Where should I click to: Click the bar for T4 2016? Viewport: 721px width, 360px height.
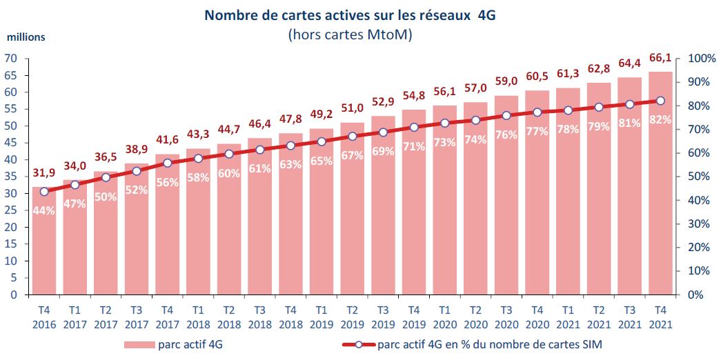point(44,241)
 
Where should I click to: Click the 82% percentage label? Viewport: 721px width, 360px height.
point(660,120)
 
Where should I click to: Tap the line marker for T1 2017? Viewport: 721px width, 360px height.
point(75,185)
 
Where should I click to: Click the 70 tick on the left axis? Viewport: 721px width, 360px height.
point(11,59)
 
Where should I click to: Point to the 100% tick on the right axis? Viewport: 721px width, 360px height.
point(698,59)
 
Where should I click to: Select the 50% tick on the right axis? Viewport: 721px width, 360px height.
point(695,177)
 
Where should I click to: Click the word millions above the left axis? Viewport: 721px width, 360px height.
point(26,37)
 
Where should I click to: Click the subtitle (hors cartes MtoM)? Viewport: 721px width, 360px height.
point(350,34)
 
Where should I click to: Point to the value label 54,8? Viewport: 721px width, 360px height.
point(414,95)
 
